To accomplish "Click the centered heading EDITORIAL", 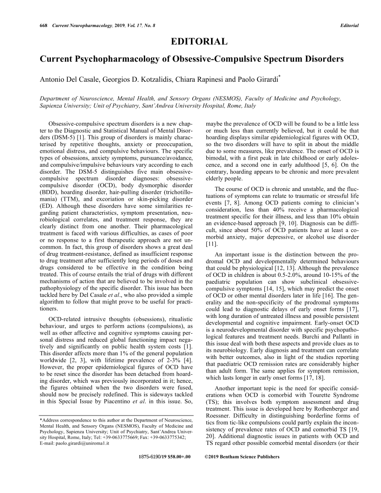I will (x=199, y=42).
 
